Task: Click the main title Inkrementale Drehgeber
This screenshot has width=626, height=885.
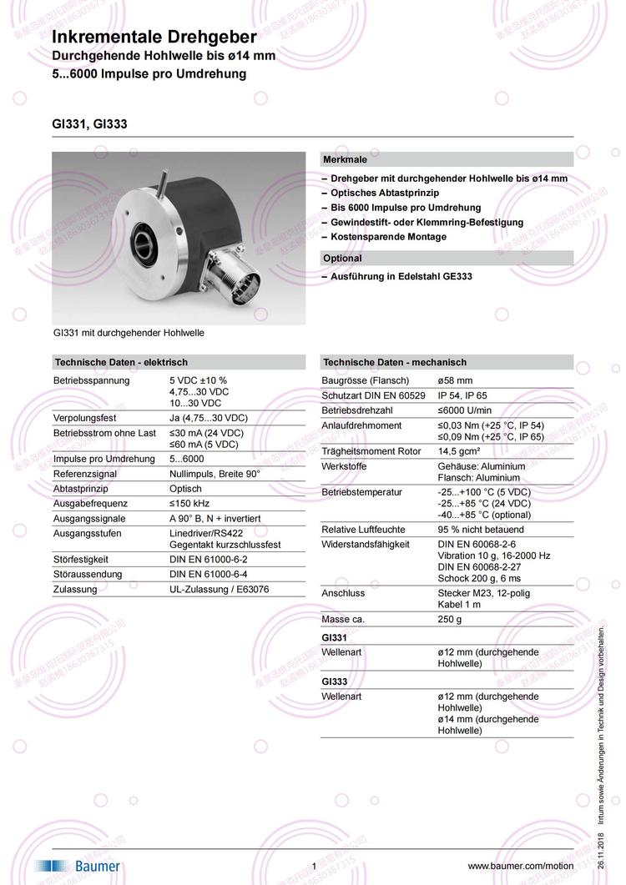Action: (x=154, y=38)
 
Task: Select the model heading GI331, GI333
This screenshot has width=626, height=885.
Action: (x=89, y=124)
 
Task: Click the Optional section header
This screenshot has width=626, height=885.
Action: (x=342, y=259)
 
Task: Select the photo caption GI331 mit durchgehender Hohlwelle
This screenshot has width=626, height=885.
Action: (x=129, y=332)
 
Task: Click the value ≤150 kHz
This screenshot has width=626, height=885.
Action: (x=189, y=503)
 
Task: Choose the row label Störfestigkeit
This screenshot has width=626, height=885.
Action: (x=81, y=559)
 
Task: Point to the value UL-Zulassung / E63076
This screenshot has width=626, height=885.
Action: (x=220, y=589)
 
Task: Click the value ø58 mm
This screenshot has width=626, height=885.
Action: (x=455, y=380)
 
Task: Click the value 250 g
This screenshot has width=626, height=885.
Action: (x=450, y=620)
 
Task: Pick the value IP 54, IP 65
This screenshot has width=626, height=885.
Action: (x=462, y=395)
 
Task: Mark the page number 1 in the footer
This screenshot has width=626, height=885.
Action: (x=314, y=867)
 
